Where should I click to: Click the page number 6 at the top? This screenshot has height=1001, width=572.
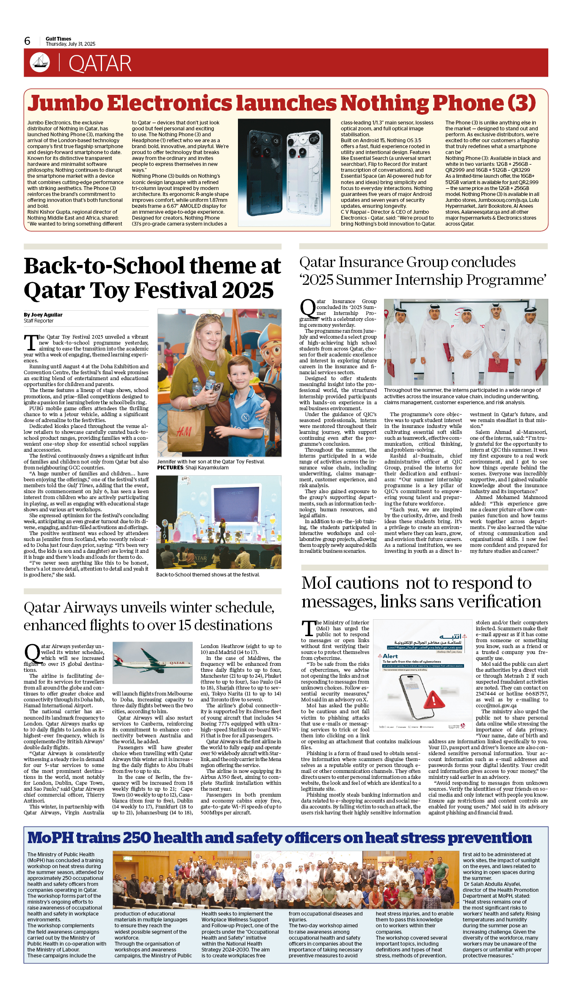click(x=28, y=41)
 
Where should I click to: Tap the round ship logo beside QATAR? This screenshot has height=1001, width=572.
click(x=40, y=63)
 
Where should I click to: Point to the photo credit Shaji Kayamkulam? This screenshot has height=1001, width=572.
click(x=207, y=468)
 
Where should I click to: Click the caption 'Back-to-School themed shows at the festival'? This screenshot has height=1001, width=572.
click(x=207, y=575)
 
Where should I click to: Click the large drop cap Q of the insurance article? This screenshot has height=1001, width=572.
click(x=308, y=308)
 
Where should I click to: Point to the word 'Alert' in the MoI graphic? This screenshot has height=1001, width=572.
click(x=390, y=656)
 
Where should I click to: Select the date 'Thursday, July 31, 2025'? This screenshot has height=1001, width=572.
click(x=71, y=44)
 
